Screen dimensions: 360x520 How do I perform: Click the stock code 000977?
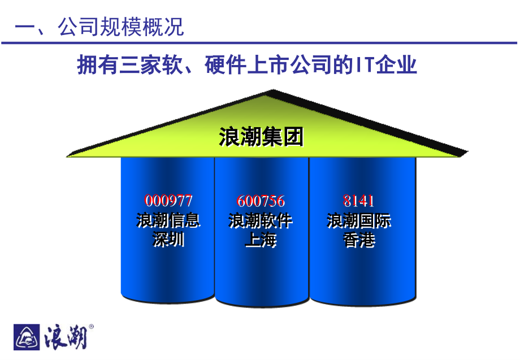point(168,201)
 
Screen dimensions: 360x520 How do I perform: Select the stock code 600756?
point(261,201)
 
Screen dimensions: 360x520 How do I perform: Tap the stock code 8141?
point(359,201)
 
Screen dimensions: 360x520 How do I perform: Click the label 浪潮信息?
point(168,220)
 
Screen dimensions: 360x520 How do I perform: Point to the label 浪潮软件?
point(261,220)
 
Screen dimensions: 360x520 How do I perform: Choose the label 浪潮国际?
point(359,220)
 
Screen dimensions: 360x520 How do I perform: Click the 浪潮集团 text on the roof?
point(261,137)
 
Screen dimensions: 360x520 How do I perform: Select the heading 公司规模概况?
point(121,27)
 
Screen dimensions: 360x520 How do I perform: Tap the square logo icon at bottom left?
point(26,337)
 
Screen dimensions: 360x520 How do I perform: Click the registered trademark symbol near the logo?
point(92,327)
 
